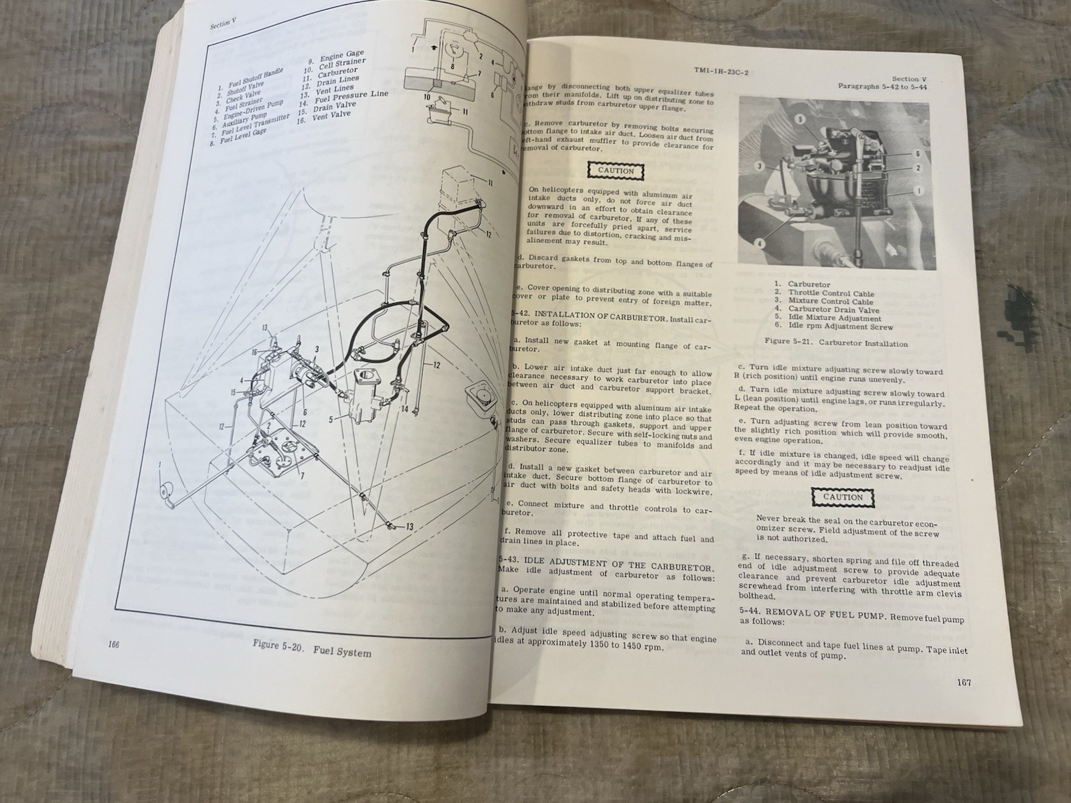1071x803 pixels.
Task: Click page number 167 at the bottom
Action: [963, 683]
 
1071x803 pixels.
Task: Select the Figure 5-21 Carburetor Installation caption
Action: [836, 343]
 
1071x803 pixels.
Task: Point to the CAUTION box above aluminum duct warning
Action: [616, 171]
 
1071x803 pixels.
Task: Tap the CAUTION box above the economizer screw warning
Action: [842, 497]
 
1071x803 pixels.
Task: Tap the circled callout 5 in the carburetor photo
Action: [800, 120]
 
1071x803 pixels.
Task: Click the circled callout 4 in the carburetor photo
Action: [760, 244]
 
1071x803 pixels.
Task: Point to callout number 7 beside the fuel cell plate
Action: [303, 475]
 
